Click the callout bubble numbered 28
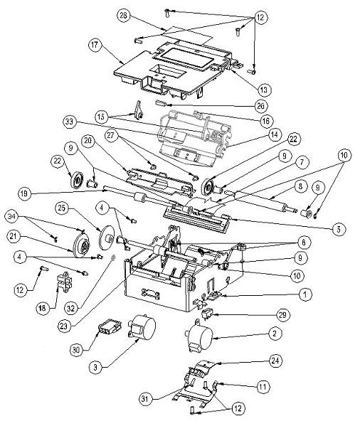click(124, 16)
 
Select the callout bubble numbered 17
click(95, 45)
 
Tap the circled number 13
click(263, 90)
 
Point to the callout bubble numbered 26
click(260, 106)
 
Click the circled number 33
click(70, 122)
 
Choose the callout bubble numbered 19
click(25, 194)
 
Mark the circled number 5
click(339, 230)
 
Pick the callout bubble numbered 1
click(305, 294)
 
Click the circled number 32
click(71, 309)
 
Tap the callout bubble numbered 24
click(275, 361)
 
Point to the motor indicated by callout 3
click(142, 326)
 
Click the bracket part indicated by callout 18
click(65, 282)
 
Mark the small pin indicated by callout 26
click(160, 104)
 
